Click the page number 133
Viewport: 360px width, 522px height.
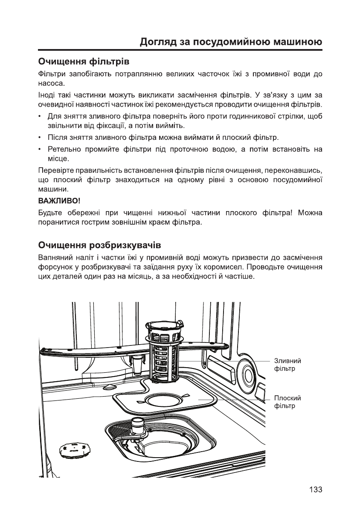[316, 490]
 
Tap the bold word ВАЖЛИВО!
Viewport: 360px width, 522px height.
[59, 200]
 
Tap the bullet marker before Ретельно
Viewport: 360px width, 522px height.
[40, 150]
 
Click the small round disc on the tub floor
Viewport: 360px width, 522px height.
[75, 449]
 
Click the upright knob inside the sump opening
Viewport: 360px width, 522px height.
[138, 427]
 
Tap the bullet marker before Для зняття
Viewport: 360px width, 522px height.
[40, 117]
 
